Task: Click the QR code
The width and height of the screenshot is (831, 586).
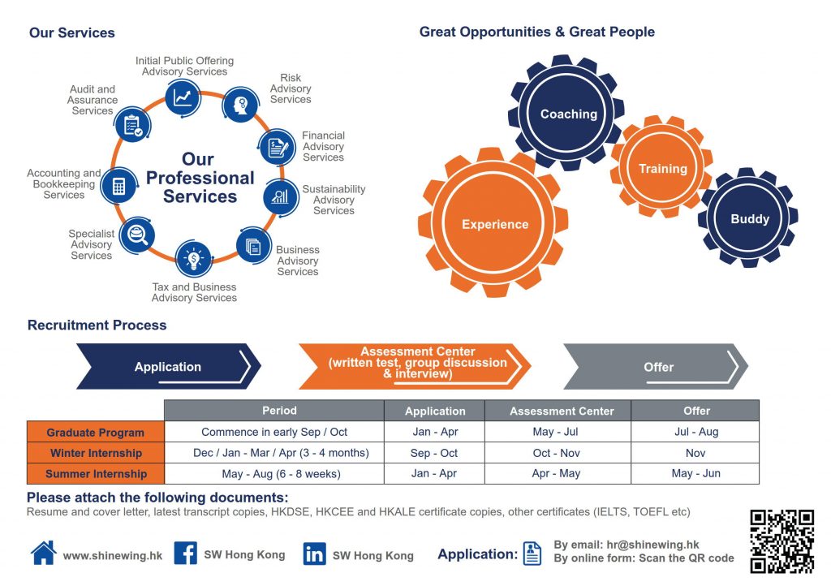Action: (781, 541)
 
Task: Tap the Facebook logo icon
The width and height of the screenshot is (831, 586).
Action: (186, 554)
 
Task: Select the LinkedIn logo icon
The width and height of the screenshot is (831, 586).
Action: (314, 554)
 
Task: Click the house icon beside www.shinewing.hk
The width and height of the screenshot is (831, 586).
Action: (44, 553)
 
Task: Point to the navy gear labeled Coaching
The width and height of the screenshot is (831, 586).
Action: (566, 114)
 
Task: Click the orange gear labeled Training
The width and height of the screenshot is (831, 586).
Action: (662, 168)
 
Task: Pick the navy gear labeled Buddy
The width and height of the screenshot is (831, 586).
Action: (748, 218)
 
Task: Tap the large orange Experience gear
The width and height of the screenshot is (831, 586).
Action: (493, 222)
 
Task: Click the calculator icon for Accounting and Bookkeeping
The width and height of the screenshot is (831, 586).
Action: (118, 186)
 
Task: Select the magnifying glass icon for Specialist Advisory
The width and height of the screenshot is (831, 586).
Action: (137, 235)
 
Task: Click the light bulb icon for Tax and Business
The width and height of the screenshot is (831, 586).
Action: (193, 259)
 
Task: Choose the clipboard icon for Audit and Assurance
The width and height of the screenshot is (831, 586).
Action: (132, 125)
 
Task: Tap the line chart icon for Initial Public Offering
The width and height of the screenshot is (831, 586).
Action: (183, 97)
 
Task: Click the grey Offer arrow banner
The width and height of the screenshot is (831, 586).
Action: (656, 367)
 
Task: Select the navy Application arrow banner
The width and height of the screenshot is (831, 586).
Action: (169, 367)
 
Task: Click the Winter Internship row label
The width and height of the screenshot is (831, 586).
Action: (96, 453)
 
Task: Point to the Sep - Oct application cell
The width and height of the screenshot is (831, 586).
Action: (435, 453)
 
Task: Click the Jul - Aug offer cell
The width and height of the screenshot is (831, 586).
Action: (695, 432)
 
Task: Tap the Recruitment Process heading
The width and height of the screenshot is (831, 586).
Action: (97, 325)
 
